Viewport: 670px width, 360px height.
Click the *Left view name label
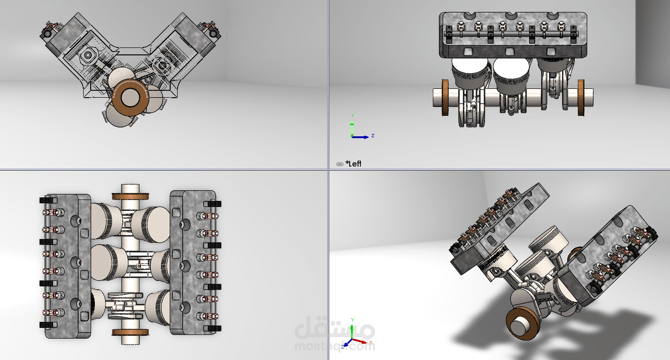pyautogui.click(x=354, y=164)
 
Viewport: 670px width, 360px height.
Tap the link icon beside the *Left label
pyautogui.click(x=339, y=164)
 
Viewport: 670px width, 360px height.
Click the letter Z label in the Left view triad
pyautogui.click(x=373, y=135)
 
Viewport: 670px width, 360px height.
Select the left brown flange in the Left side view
pyautogui.click(x=445, y=98)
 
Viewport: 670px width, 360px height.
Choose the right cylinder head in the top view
pyautogui.click(x=191, y=263)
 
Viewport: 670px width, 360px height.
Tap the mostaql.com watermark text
pyautogui.click(x=335, y=346)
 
